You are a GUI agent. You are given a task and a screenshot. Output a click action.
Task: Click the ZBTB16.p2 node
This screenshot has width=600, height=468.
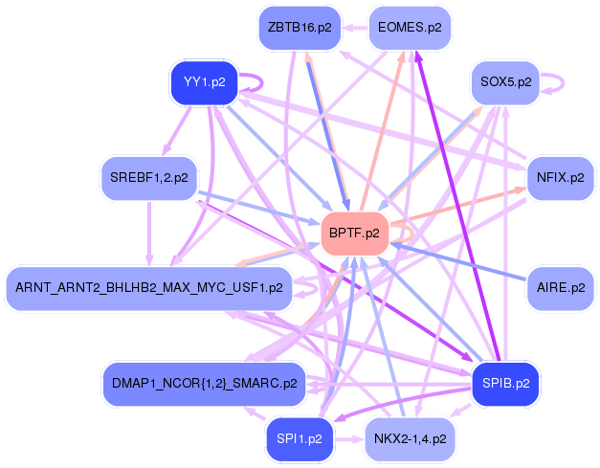coord(300,28)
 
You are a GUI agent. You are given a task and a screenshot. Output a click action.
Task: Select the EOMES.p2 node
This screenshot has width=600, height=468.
coord(410,28)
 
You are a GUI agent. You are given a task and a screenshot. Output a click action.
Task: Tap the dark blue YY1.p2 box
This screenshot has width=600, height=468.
coord(203,82)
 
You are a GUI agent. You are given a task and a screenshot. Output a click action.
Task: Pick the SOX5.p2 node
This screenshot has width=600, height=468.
coord(504,82)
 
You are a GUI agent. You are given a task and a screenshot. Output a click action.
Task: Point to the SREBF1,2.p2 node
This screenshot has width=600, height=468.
coord(148,178)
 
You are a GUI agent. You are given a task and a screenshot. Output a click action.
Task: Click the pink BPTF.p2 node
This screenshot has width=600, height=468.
coord(354,233)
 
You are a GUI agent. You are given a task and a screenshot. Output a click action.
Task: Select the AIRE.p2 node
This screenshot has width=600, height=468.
coord(561,287)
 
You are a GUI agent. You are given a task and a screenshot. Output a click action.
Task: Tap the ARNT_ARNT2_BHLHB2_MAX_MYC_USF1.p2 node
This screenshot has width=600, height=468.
coord(148,287)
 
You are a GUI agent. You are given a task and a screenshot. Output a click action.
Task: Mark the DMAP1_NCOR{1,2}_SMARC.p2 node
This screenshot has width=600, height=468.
coord(203,384)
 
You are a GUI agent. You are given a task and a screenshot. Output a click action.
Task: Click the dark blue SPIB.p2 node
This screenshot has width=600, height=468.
coord(506,384)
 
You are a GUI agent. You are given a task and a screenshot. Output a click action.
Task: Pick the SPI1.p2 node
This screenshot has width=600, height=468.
coord(300,440)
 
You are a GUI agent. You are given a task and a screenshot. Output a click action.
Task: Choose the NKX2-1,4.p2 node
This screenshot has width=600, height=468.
coord(410,440)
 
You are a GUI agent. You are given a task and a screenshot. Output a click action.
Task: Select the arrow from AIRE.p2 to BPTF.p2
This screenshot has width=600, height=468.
coord(459,262)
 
